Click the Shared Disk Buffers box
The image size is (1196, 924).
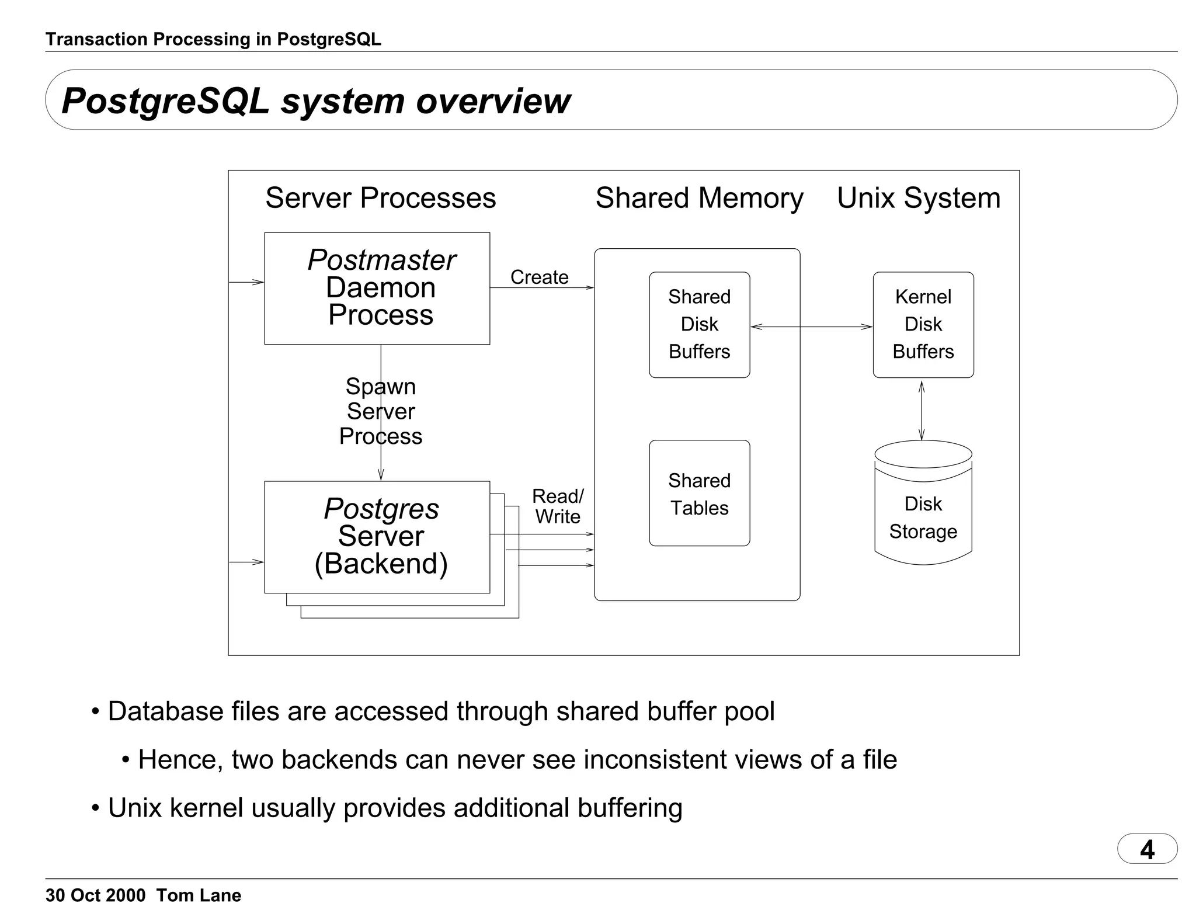click(699, 325)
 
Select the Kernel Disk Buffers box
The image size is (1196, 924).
click(923, 325)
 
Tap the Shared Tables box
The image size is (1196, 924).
click(699, 494)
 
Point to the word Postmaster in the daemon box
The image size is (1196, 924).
click(381, 260)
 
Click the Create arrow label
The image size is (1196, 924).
click(539, 277)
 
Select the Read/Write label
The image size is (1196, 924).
click(558, 506)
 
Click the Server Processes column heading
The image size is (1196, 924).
click(380, 198)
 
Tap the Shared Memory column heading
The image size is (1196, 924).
click(699, 198)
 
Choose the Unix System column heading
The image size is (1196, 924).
click(919, 198)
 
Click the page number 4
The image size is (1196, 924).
click(1147, 849)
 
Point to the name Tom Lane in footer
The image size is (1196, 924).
click(199, 895)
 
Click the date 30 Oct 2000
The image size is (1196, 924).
click(95, 895)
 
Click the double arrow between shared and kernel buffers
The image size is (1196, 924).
click(812, 327)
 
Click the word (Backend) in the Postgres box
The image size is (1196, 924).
click(381, 564)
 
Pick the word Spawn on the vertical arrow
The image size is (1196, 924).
click(381, 387)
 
